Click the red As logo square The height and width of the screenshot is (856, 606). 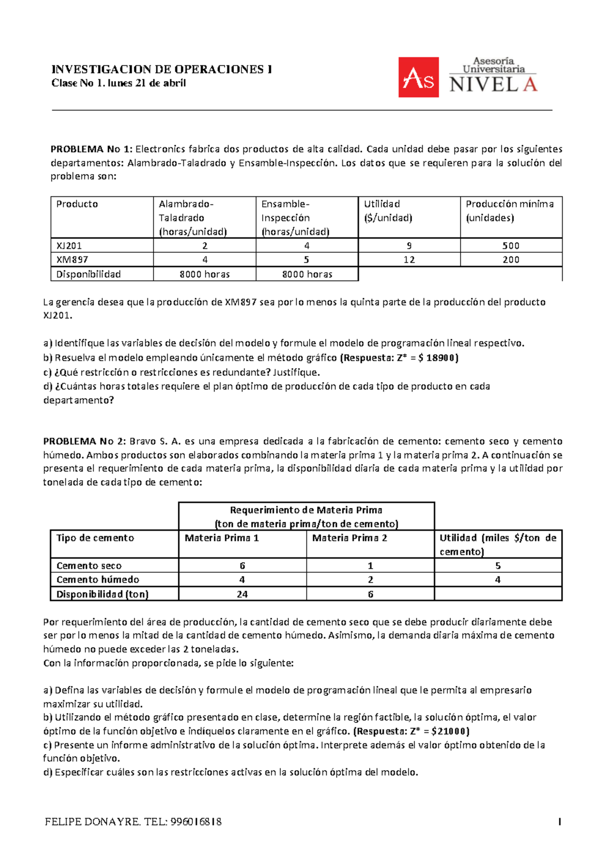[418, 77]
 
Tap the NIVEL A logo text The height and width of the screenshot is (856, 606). [493, 84]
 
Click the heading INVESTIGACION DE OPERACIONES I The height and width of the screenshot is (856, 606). [162, 70]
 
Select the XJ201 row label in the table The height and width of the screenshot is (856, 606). [69, 246]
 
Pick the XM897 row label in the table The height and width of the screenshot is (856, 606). [72, 259]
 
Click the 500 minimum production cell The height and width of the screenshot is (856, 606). [511, 246]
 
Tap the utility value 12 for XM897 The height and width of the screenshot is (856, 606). [409, 259]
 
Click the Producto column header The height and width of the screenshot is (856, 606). [77, 204]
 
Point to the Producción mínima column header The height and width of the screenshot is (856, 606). [510, 204]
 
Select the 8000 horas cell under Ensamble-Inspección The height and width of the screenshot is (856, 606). [307, 274]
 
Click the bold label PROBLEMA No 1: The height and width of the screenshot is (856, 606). [91, 149]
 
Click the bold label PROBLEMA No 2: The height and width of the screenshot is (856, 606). [84, 441]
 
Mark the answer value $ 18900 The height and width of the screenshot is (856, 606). [437, 358]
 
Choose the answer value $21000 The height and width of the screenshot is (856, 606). [449, 731]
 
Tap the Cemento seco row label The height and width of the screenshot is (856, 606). [89, 566]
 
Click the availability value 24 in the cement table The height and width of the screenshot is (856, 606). [242, 594]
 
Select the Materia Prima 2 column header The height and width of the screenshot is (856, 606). [349, 538]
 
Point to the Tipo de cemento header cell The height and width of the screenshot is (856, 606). [95, 538]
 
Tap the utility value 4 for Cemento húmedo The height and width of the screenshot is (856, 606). [498, 580]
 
